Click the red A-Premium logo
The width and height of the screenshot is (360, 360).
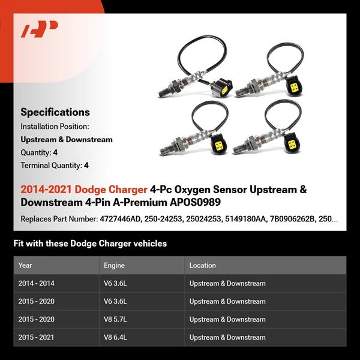coord(40,29)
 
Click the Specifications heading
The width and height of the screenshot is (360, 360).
coord(55,112)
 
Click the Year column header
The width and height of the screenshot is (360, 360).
coord(25,265)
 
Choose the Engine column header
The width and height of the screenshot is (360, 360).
coord(115,265)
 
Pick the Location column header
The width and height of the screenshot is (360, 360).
coord(203,265)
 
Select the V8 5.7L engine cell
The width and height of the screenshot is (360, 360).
coord(115,319)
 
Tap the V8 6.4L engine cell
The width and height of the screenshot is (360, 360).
coord(115,337)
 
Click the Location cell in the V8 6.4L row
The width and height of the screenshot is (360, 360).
coord(227,337)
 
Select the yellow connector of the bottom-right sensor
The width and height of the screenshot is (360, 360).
coord(294,145)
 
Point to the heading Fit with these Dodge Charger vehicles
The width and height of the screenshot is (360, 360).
coord(90,244)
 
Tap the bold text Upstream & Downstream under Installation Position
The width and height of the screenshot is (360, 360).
coord(67,139)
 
